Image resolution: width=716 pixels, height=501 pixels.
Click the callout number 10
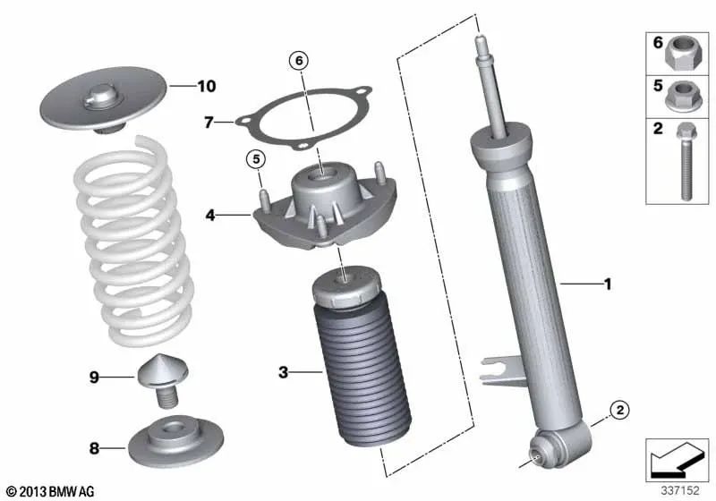pos(206,87)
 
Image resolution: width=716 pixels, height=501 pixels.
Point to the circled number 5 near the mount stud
pos(255,160)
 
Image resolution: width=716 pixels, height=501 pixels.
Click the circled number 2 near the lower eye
pos(618,411)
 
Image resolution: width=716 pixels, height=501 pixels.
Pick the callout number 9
pos(93,378)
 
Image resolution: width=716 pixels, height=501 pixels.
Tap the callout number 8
pos(93,445)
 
